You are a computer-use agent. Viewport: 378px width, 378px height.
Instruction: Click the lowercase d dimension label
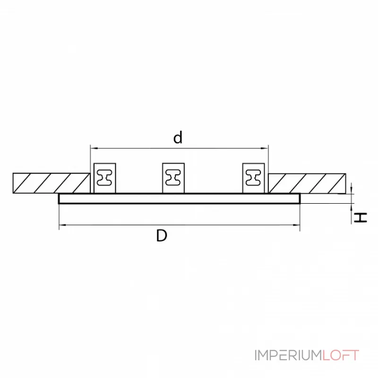point(178,138)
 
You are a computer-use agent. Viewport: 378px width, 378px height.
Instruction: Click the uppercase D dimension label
point(162,235)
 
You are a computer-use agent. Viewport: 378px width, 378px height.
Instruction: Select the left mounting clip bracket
point(104,178)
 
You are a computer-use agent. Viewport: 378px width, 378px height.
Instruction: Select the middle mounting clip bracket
point(174,178)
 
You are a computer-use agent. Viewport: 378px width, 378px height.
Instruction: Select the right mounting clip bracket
point(254,178)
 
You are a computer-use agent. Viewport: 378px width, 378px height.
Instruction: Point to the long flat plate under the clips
point(180,198)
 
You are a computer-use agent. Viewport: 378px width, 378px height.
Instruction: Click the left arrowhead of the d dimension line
point(93,148)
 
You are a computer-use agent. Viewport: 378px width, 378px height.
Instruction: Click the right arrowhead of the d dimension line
point(266,148)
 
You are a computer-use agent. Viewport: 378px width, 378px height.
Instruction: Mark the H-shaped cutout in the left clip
point(104,178)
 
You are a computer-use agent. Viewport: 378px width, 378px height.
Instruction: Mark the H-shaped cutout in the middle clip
point(174,178)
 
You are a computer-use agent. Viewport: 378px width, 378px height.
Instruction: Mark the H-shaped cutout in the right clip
point(254,178)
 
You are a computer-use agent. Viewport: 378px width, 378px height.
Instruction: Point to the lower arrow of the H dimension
point(352,206)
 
